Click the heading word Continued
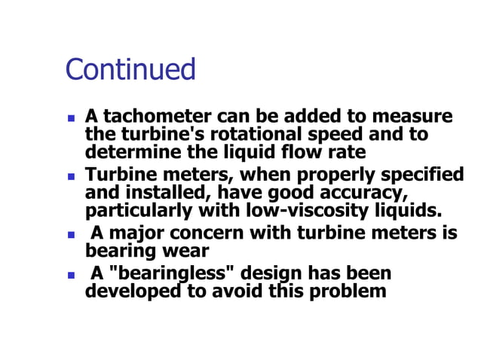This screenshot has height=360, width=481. tap(130, 69)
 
